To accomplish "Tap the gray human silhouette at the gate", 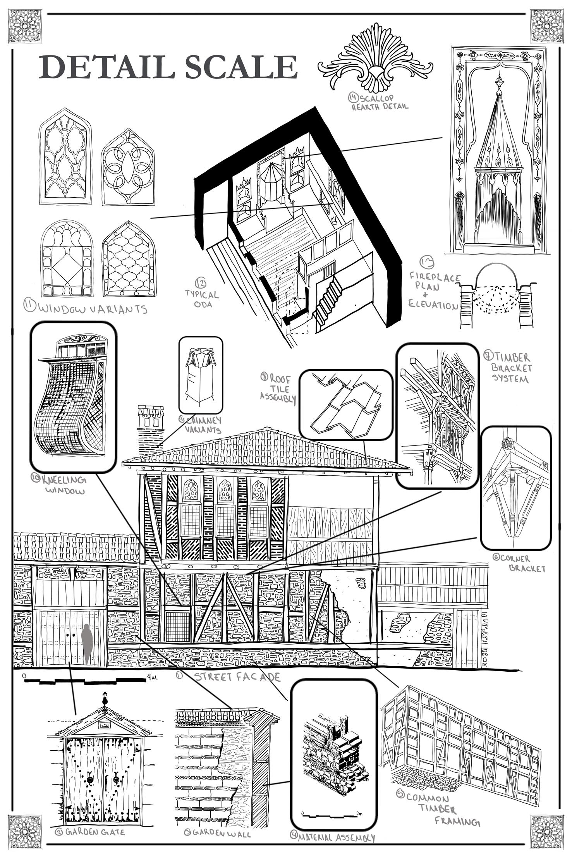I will tap(87, 643).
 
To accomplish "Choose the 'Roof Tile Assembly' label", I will tap(278, 388).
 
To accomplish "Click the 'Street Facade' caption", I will tap(237, 677).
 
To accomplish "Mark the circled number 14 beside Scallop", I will tap(354, 97).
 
